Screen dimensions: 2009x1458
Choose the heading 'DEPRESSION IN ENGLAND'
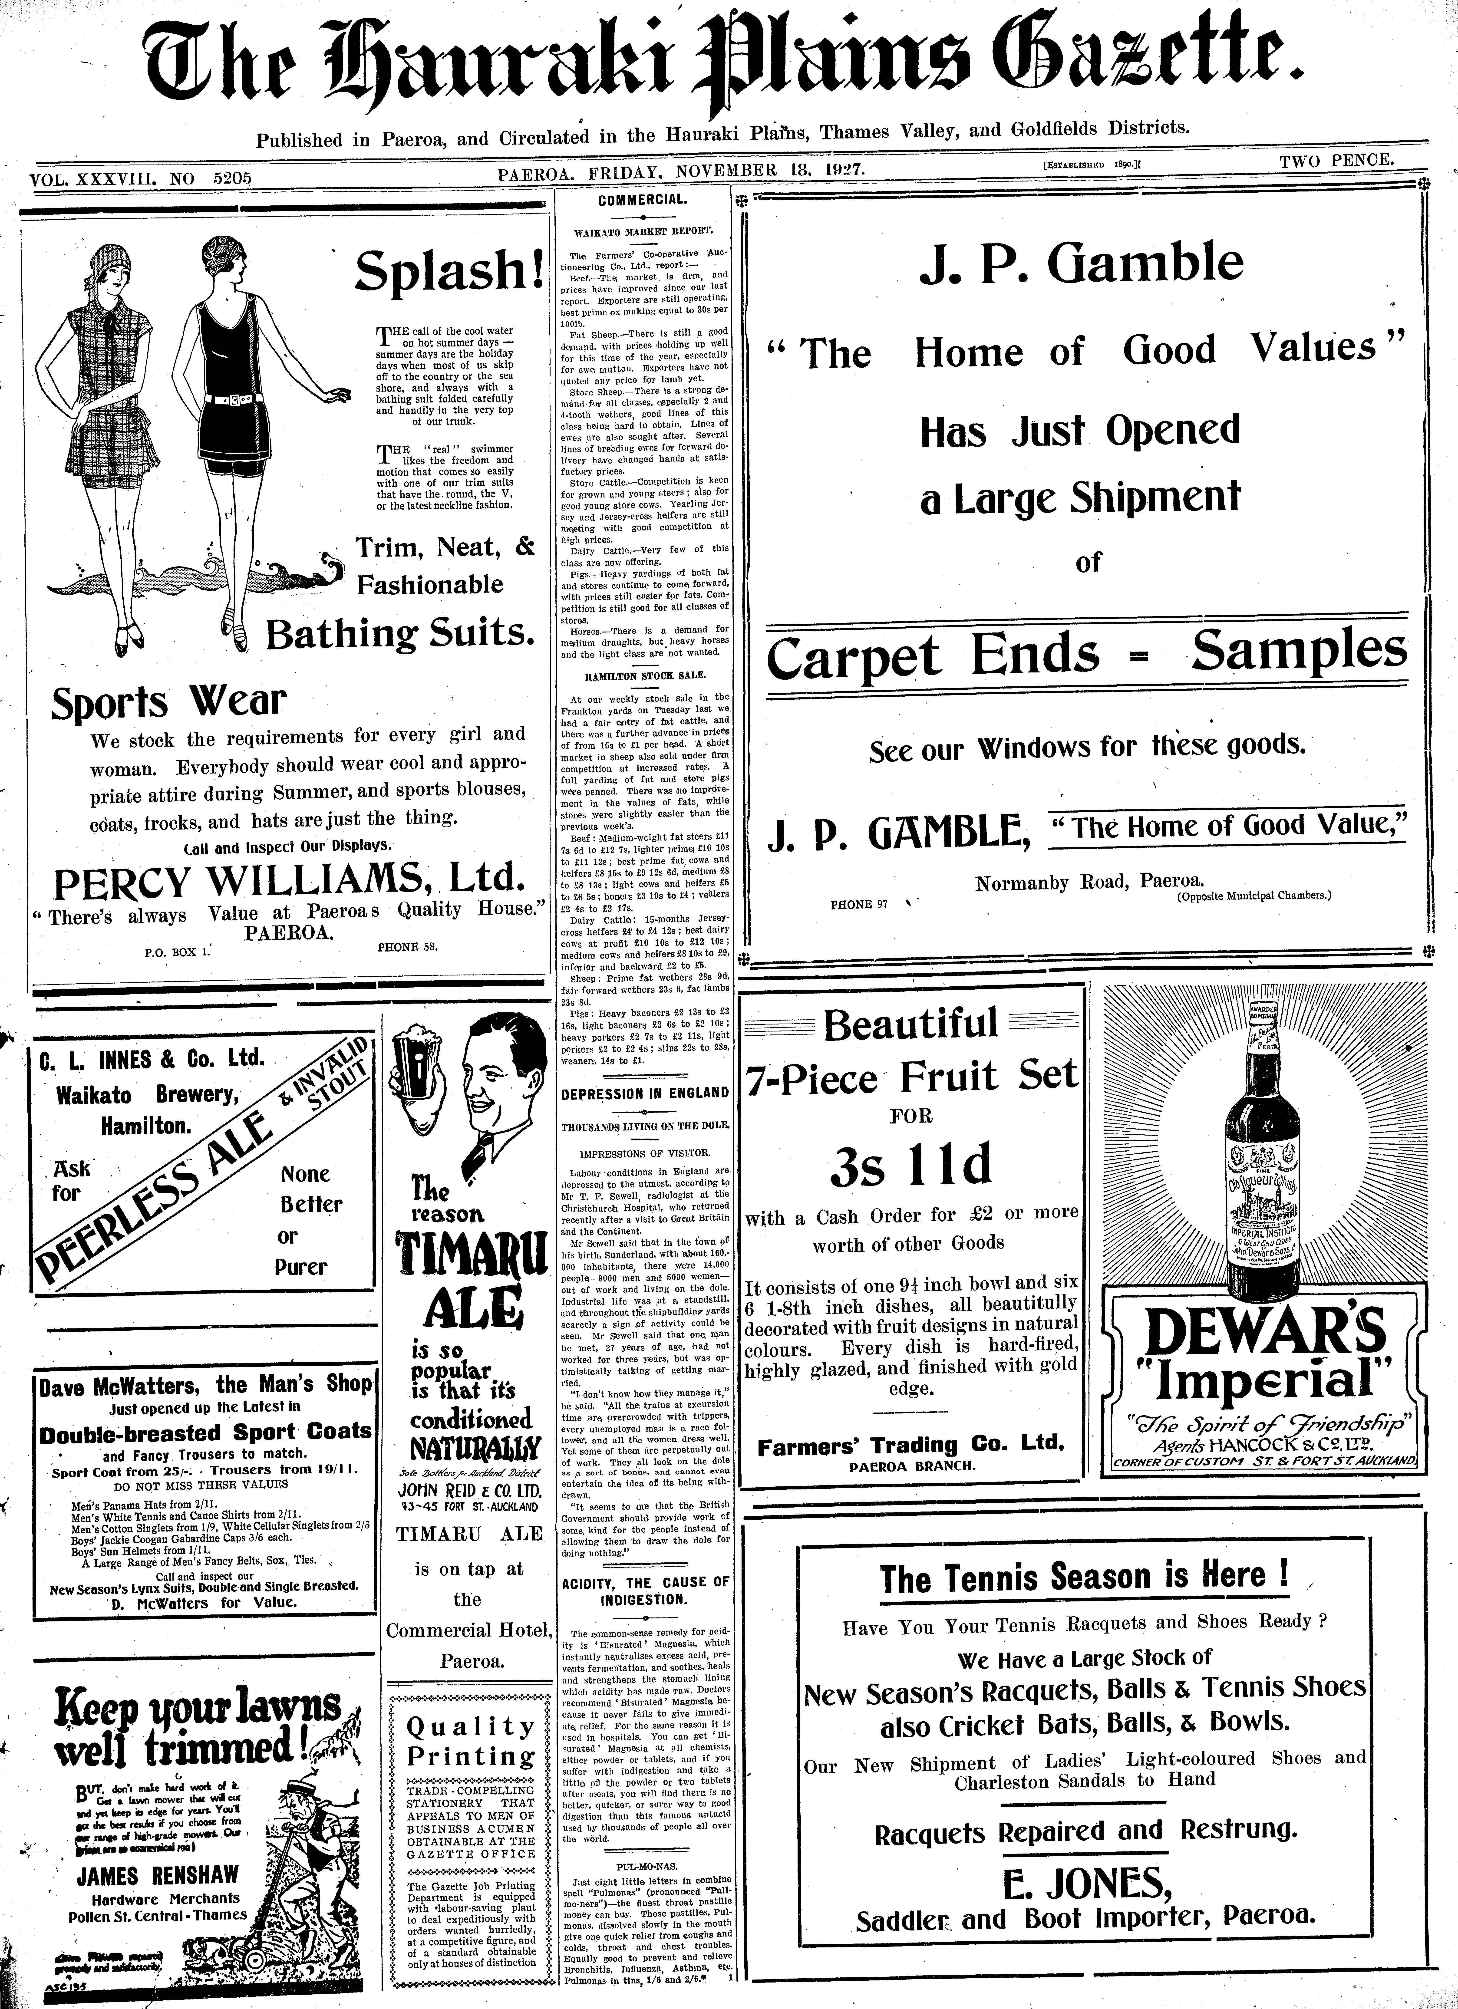point(644,1093)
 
